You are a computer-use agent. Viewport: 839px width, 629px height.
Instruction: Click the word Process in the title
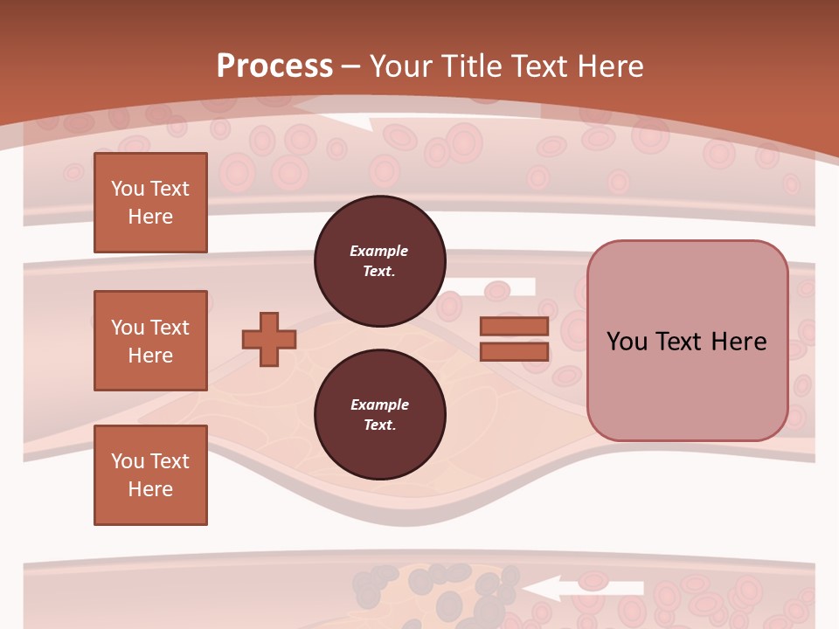point(274,66)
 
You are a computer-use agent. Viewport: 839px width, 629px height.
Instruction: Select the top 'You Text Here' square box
point(150,203)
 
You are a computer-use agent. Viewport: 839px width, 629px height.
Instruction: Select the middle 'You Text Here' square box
point(150,341)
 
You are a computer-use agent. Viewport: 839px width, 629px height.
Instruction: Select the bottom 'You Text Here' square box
point(150,475)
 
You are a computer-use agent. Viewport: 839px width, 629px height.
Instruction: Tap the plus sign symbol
point(269,340)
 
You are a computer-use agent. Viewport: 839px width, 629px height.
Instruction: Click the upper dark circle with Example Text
point(379,261)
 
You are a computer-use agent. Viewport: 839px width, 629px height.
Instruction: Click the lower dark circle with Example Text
point(379,415)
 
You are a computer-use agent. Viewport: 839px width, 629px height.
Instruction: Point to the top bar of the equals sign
point(514,327)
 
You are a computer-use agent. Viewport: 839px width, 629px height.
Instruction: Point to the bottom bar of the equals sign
point(514,351)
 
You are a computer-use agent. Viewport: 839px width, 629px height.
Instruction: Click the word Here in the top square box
point(150,217)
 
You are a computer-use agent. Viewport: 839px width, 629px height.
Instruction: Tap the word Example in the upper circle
point(379,251)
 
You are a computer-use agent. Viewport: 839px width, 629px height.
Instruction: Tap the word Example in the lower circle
point(379,404)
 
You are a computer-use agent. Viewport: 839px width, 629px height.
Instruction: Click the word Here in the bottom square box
point(150,489)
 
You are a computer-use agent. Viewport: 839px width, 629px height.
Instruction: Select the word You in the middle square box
point(127,328)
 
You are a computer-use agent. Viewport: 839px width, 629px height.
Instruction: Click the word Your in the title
point(401,66)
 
